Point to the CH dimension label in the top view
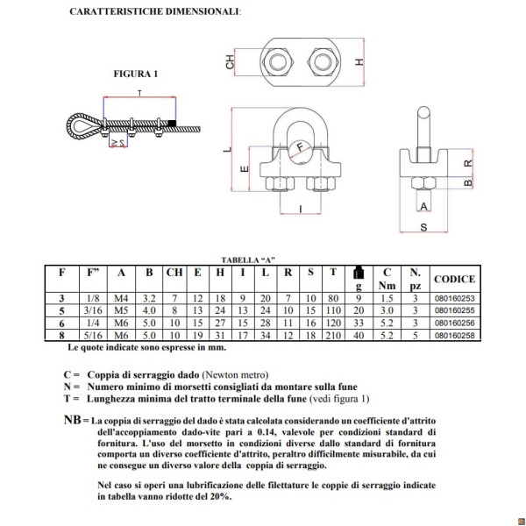pyautogui.click(x=230, y=62)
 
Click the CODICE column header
pyautogui.click(x=454, y=279)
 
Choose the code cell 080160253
pyautogui.click(x=454, y=298)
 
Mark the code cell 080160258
pyautogui.click(x=454, y=333)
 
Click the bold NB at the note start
pyautogui.click(x=73, y=420)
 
